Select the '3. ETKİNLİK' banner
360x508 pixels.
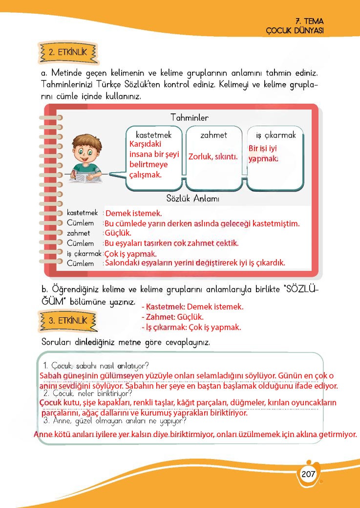(67, 321)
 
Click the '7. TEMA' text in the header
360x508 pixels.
(310, 22)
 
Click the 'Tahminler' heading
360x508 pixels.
(190, 118)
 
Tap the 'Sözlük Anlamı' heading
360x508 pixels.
(192, 199)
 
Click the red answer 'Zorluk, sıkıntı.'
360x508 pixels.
(213, 157)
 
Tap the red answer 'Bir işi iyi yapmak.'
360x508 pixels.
(264, 153)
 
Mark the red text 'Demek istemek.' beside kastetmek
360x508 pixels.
(133, 213)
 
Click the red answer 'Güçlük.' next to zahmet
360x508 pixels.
(118, 233)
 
